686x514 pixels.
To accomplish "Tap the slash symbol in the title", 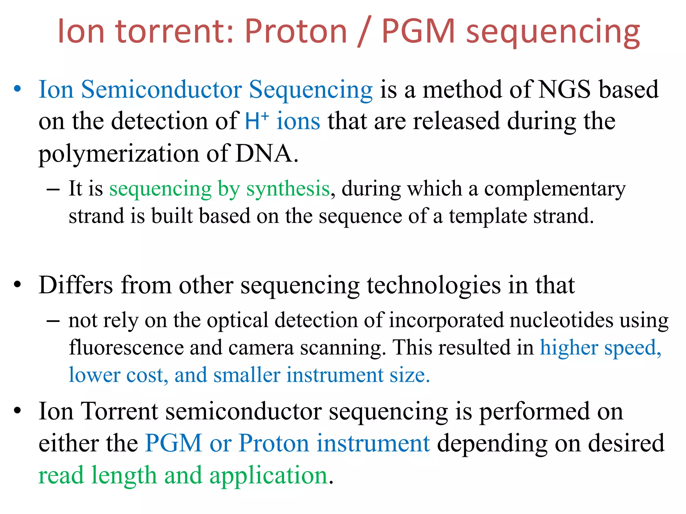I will (x=364, y=32).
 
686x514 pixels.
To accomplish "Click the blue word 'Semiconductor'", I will (x=161, y=90).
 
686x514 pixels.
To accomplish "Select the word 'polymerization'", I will (x=119, y=154).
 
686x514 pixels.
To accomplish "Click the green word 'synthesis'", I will (x=288, y=189).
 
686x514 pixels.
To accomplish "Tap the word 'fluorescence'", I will (x=126, y=347).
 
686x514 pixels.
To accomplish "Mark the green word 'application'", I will (x=268, y=476).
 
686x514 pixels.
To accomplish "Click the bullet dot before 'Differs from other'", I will (x=17, y=285).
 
